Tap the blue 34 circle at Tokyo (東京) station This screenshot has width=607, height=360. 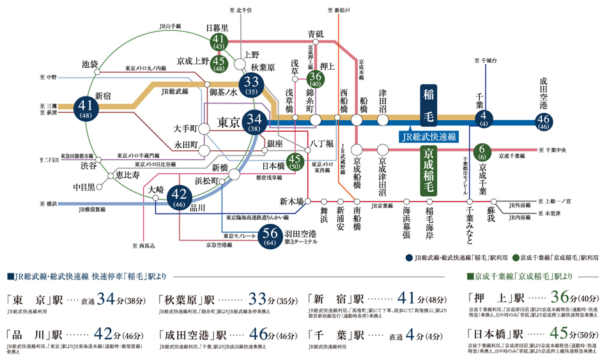point(254,121)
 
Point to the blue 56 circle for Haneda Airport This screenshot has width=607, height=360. point(271,237)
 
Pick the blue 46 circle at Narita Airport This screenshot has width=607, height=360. point(544,121)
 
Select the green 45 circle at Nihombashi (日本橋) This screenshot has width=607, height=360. point(295,161)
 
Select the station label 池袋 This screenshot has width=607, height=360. point(90,64)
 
